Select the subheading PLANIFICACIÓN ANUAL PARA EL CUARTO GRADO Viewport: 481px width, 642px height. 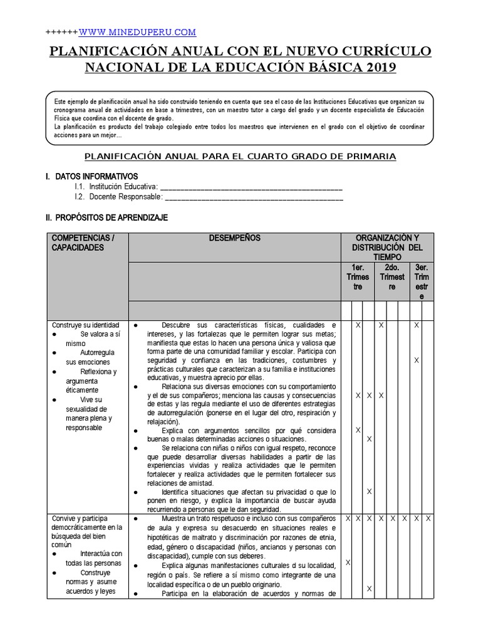240,155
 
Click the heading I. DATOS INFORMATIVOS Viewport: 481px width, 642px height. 91,176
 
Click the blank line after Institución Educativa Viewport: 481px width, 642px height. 251,187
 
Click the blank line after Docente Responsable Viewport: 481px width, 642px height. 254,197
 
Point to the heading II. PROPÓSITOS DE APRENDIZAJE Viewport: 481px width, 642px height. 106,218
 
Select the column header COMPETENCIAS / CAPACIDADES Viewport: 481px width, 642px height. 81,243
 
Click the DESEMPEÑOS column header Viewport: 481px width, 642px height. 234,238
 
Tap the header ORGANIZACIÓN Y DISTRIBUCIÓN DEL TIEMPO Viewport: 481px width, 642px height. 387,248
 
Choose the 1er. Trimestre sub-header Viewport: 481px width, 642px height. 358,276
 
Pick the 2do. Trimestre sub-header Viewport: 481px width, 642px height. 392,276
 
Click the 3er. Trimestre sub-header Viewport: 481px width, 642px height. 422,282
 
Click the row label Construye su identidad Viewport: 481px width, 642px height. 85,325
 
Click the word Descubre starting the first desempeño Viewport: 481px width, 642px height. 177,325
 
